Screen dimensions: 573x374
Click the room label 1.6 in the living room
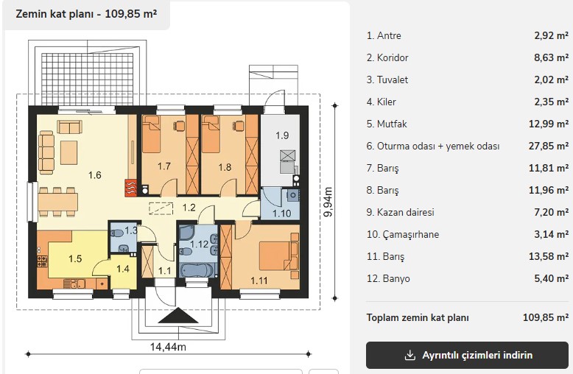95,175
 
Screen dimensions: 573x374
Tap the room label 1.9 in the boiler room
282,135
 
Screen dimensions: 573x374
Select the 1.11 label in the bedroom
259,280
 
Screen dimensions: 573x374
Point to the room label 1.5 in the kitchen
75,259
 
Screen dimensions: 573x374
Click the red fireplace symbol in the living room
131,188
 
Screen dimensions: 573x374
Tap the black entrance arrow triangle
178,316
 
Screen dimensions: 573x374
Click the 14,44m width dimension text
168,347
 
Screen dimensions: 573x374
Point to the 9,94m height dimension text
328,202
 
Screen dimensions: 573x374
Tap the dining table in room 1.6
58,202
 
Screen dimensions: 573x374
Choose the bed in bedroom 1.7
151,134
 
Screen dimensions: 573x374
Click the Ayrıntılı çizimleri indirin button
468,355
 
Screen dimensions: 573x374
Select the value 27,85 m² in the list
549,146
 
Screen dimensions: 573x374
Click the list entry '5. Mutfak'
387,124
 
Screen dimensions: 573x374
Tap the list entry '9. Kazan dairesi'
400,213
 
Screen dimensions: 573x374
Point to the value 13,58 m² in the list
549,256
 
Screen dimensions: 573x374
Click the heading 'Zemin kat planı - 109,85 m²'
87,14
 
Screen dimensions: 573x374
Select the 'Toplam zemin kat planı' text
418,318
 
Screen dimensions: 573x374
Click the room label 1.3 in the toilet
131,230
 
